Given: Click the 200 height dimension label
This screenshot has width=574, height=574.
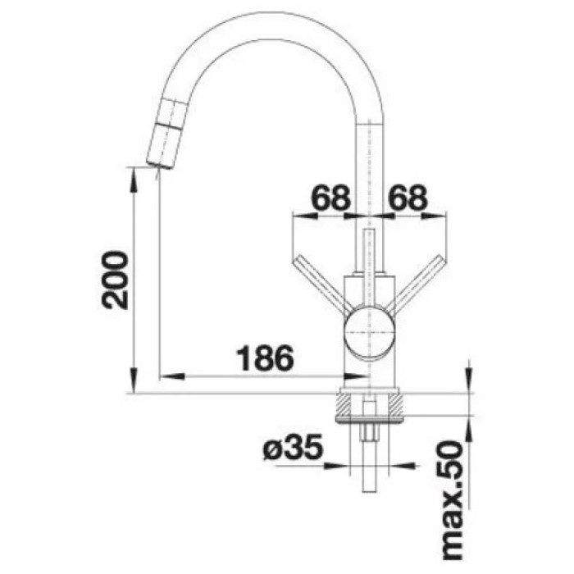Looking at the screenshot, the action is [x=115, y=280].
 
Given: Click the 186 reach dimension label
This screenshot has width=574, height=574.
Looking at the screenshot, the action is [x=266, y=358].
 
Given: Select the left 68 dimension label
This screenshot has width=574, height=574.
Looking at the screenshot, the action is [x=331, y=198].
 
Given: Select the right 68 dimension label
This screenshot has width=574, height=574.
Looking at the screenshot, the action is [x=408, y=198].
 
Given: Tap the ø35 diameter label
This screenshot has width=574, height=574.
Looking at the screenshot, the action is [x=294, y=447].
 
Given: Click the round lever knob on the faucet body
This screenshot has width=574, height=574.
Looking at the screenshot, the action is [x=370, y=332].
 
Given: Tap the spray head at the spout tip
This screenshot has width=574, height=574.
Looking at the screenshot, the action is [x=166, y=134].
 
